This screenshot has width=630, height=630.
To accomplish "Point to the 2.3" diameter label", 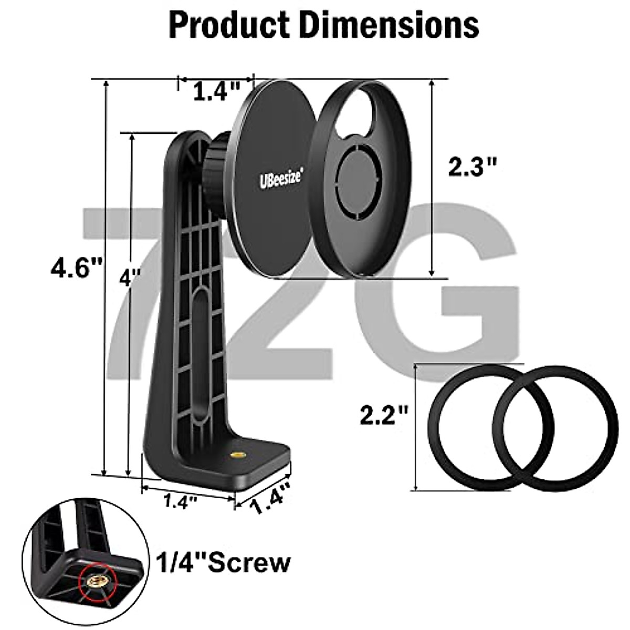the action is pos(472,167).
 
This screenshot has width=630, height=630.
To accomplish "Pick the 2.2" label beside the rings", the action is pos(384,415).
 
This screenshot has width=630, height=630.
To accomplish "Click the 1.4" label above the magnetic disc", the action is pos(217,91).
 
